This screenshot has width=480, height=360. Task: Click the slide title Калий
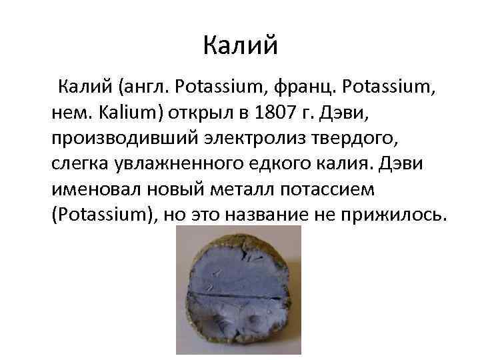(x=239, y=47)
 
